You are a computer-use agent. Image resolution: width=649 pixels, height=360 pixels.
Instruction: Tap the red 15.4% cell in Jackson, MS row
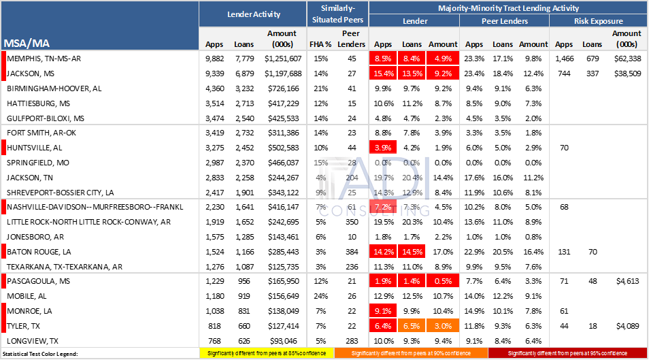(383, 73)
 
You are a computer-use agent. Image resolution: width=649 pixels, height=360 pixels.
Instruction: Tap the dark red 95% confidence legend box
(567, 354)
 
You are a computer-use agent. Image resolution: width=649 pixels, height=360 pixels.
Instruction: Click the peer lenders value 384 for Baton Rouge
(350, 251)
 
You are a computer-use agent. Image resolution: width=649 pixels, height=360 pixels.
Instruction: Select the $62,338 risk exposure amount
(626, 59)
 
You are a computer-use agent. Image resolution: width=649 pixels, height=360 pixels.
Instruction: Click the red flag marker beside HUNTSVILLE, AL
(3, 147)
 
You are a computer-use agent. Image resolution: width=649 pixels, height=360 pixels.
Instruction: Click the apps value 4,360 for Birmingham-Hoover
(213, 88)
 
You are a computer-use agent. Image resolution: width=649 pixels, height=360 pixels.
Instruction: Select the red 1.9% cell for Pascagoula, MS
(383, 281)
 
